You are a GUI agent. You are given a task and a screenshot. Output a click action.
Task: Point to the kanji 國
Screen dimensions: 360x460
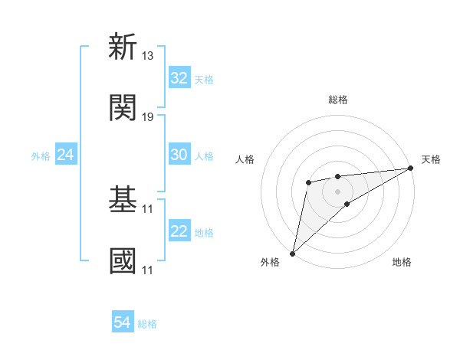[123, 260]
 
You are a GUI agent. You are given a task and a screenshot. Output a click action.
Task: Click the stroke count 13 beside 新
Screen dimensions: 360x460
[148, 56]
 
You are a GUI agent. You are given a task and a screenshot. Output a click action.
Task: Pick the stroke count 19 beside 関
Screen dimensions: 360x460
[148, 117]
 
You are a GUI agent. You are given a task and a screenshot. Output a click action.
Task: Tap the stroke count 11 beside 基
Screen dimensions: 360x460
[148, 208]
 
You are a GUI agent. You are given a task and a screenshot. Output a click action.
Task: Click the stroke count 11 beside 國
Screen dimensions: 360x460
[148, 270]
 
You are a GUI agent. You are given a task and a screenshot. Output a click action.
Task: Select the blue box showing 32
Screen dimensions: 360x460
[179, 78]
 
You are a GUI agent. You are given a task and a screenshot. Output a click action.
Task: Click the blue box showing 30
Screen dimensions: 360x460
[179, 155]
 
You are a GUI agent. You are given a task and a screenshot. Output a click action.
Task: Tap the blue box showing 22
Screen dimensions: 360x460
[179, 231]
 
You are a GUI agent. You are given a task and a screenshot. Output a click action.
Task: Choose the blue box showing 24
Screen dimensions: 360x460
[66, 155]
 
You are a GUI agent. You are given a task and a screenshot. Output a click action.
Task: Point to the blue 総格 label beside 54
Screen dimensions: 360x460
[147, 324]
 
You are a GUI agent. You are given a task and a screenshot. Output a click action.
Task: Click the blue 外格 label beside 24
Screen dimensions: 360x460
[41, 156]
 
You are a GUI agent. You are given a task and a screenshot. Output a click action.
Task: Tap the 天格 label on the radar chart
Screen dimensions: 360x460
[431, 159]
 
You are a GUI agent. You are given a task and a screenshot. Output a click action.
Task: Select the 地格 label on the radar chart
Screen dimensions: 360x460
[402, 262]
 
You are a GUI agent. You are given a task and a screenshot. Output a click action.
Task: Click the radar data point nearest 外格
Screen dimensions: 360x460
[292, 253]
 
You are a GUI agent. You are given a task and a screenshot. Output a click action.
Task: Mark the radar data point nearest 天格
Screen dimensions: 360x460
[410, 168]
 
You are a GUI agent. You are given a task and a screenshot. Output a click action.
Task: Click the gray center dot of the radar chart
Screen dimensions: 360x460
[337, 191]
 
